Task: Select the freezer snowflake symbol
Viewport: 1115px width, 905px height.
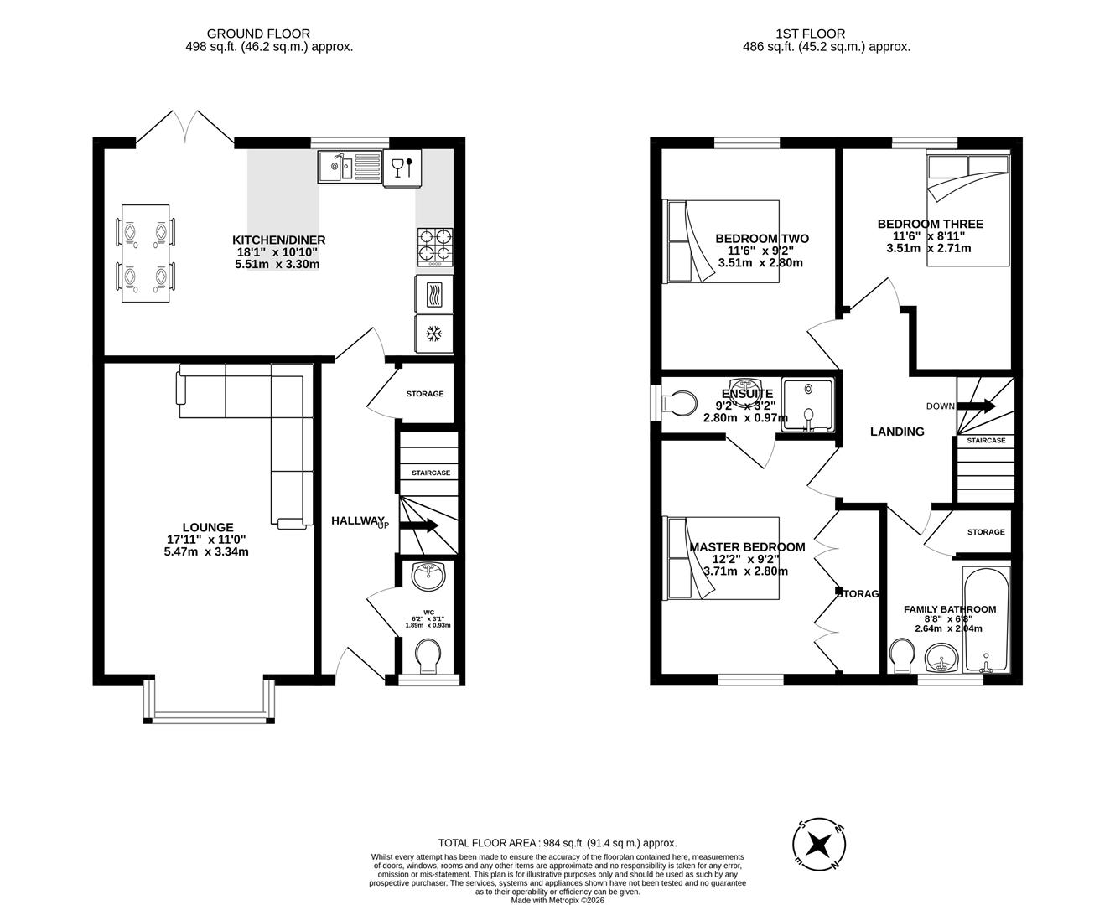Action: point(433,334)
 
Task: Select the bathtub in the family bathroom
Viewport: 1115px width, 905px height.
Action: point(987,620)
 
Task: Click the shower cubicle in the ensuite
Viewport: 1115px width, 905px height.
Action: point(808,406)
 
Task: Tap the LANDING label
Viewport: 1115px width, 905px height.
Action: point(897,432)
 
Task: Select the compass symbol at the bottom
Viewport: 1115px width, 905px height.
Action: point(818,843)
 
